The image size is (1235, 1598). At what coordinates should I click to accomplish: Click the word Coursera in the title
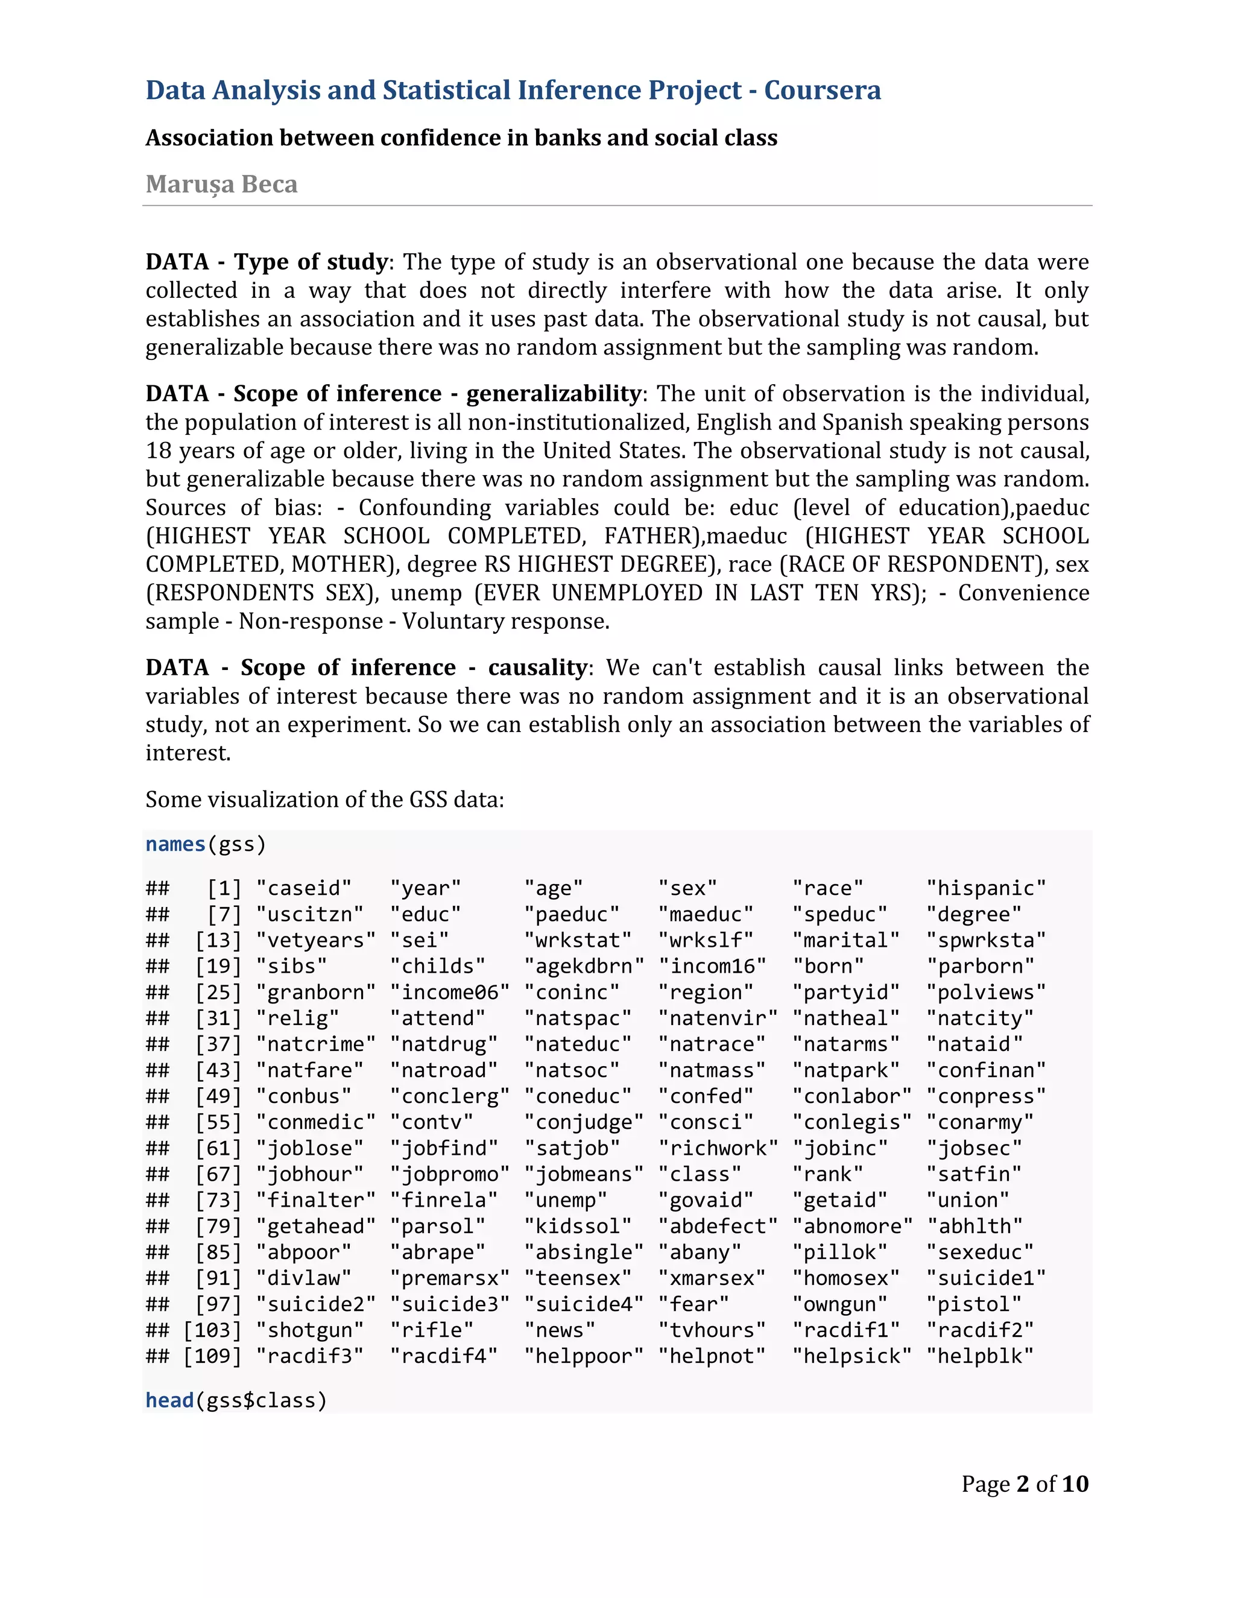[823, 90]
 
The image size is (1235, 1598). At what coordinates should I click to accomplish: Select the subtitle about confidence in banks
[461, 137]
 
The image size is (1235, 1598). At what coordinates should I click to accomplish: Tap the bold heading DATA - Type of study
[267, 262]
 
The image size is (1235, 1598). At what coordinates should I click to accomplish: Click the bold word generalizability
[554, 394]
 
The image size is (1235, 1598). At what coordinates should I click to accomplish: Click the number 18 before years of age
[158, 450]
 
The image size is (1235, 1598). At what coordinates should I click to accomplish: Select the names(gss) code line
[206, 844]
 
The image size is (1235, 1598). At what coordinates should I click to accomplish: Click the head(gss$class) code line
[236, 1400]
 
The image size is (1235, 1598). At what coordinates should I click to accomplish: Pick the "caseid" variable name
[304, 888]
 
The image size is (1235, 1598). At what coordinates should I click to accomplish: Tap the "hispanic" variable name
[985, 888]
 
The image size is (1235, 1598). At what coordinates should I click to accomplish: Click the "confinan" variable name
[985, 1070]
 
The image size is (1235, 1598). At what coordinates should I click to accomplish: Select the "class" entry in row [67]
[700, 1174]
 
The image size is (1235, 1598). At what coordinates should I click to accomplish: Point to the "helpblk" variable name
[980, 1356]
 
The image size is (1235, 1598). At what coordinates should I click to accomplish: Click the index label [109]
[212, 1356]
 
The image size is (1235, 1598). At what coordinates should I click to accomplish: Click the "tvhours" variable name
[711, 1330]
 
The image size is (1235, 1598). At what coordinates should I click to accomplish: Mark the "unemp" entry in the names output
[566, 1200]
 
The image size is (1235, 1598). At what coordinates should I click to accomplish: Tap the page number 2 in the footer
[1022, 1484]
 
